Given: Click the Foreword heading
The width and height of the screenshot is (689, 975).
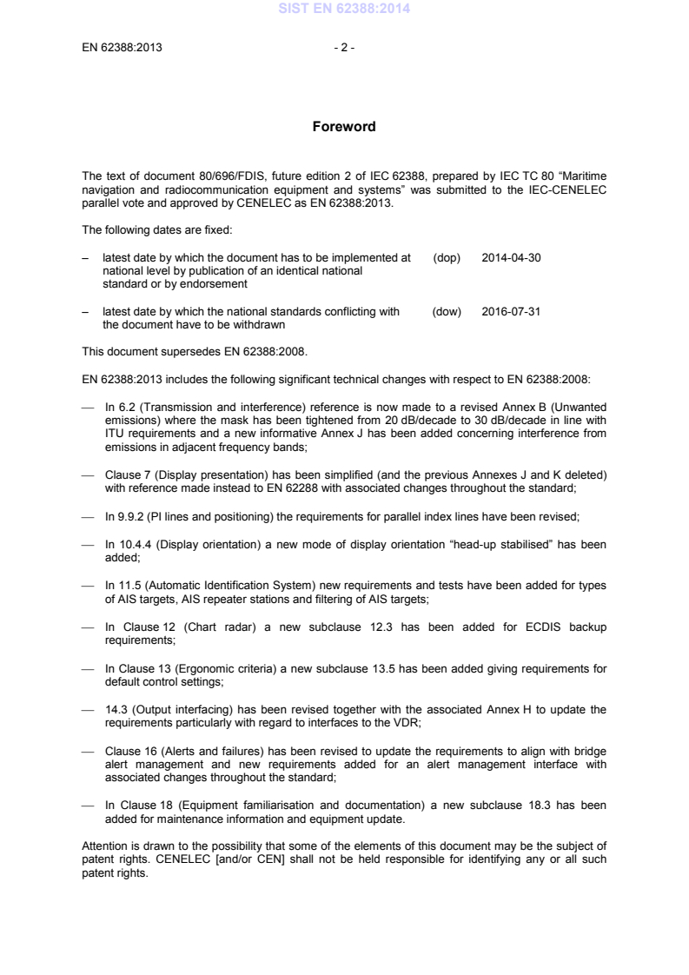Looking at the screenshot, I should coord(344,127).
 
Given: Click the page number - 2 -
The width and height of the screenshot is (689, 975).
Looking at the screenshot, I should coord(344,48).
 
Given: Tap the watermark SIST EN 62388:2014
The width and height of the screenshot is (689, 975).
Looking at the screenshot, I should coord(344,10).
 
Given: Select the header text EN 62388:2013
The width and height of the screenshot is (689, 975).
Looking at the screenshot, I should coord(122,48).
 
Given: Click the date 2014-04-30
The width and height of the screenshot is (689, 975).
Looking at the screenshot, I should coord(511,258).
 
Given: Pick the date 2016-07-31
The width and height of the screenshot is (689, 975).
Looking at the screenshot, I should coord(511,312).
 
